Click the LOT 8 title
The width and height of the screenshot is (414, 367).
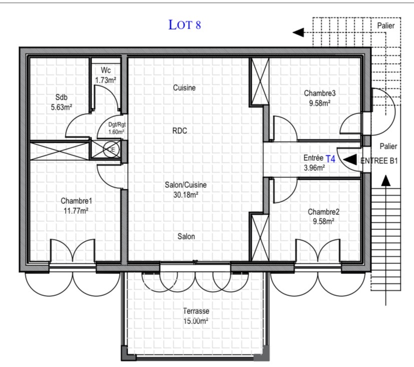click(x=185, y=25)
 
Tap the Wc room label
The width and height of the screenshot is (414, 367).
click(x=106, y=70)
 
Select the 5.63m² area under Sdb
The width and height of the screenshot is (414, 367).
click(x=62, y=107)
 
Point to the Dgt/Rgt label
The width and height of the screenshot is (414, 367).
click(x=117, y=125)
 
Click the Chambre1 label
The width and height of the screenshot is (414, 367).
click(x=76, y=201)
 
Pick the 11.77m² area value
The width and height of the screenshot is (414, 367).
click(x=76, y=211)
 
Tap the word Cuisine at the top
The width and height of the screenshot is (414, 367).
click(x=184, y=88)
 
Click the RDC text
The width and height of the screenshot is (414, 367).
click(x=180, y=131)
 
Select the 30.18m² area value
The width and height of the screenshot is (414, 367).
click(x=186, y=195)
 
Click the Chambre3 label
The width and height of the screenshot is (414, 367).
click(x=320, y=93)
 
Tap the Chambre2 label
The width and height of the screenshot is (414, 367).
click(x=324, y=212)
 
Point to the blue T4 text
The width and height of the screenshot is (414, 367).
click(x=330, y=159)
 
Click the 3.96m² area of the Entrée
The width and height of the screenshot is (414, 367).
click(x=314, y=168)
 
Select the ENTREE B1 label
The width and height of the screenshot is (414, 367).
click(x=379, y=161)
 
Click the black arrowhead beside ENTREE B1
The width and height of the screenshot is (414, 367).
click(x=350, y=159)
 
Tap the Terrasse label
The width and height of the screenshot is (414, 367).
click(x=196, y=311)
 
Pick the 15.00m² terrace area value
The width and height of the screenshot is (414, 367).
click(x=196, y=321)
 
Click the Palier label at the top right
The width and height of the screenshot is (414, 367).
click(x=386, y=26)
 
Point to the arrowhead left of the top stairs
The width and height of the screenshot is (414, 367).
click(x=298, y=33)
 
